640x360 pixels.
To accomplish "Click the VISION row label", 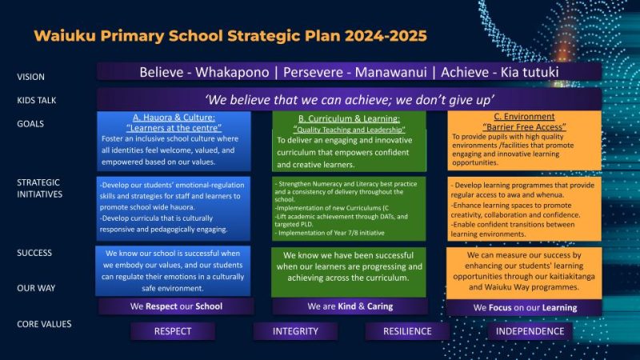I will click(31, 78).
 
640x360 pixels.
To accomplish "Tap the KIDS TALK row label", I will click(37, 101).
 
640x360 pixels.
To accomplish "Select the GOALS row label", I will click(31, 124).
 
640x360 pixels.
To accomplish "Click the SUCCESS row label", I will click(34, 253).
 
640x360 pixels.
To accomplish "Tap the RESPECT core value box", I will click(173, 330).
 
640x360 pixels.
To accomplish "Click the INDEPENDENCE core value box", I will click(530, 330).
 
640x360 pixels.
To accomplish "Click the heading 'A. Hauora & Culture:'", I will click(173, 117).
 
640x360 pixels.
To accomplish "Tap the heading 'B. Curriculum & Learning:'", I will click(348, 118).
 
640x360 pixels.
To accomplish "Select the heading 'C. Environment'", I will click(524, 117).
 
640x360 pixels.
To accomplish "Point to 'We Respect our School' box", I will click(176, 306).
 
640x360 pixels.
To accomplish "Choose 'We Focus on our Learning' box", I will click(524, 307).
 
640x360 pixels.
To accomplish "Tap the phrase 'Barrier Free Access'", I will click(524, 126).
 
